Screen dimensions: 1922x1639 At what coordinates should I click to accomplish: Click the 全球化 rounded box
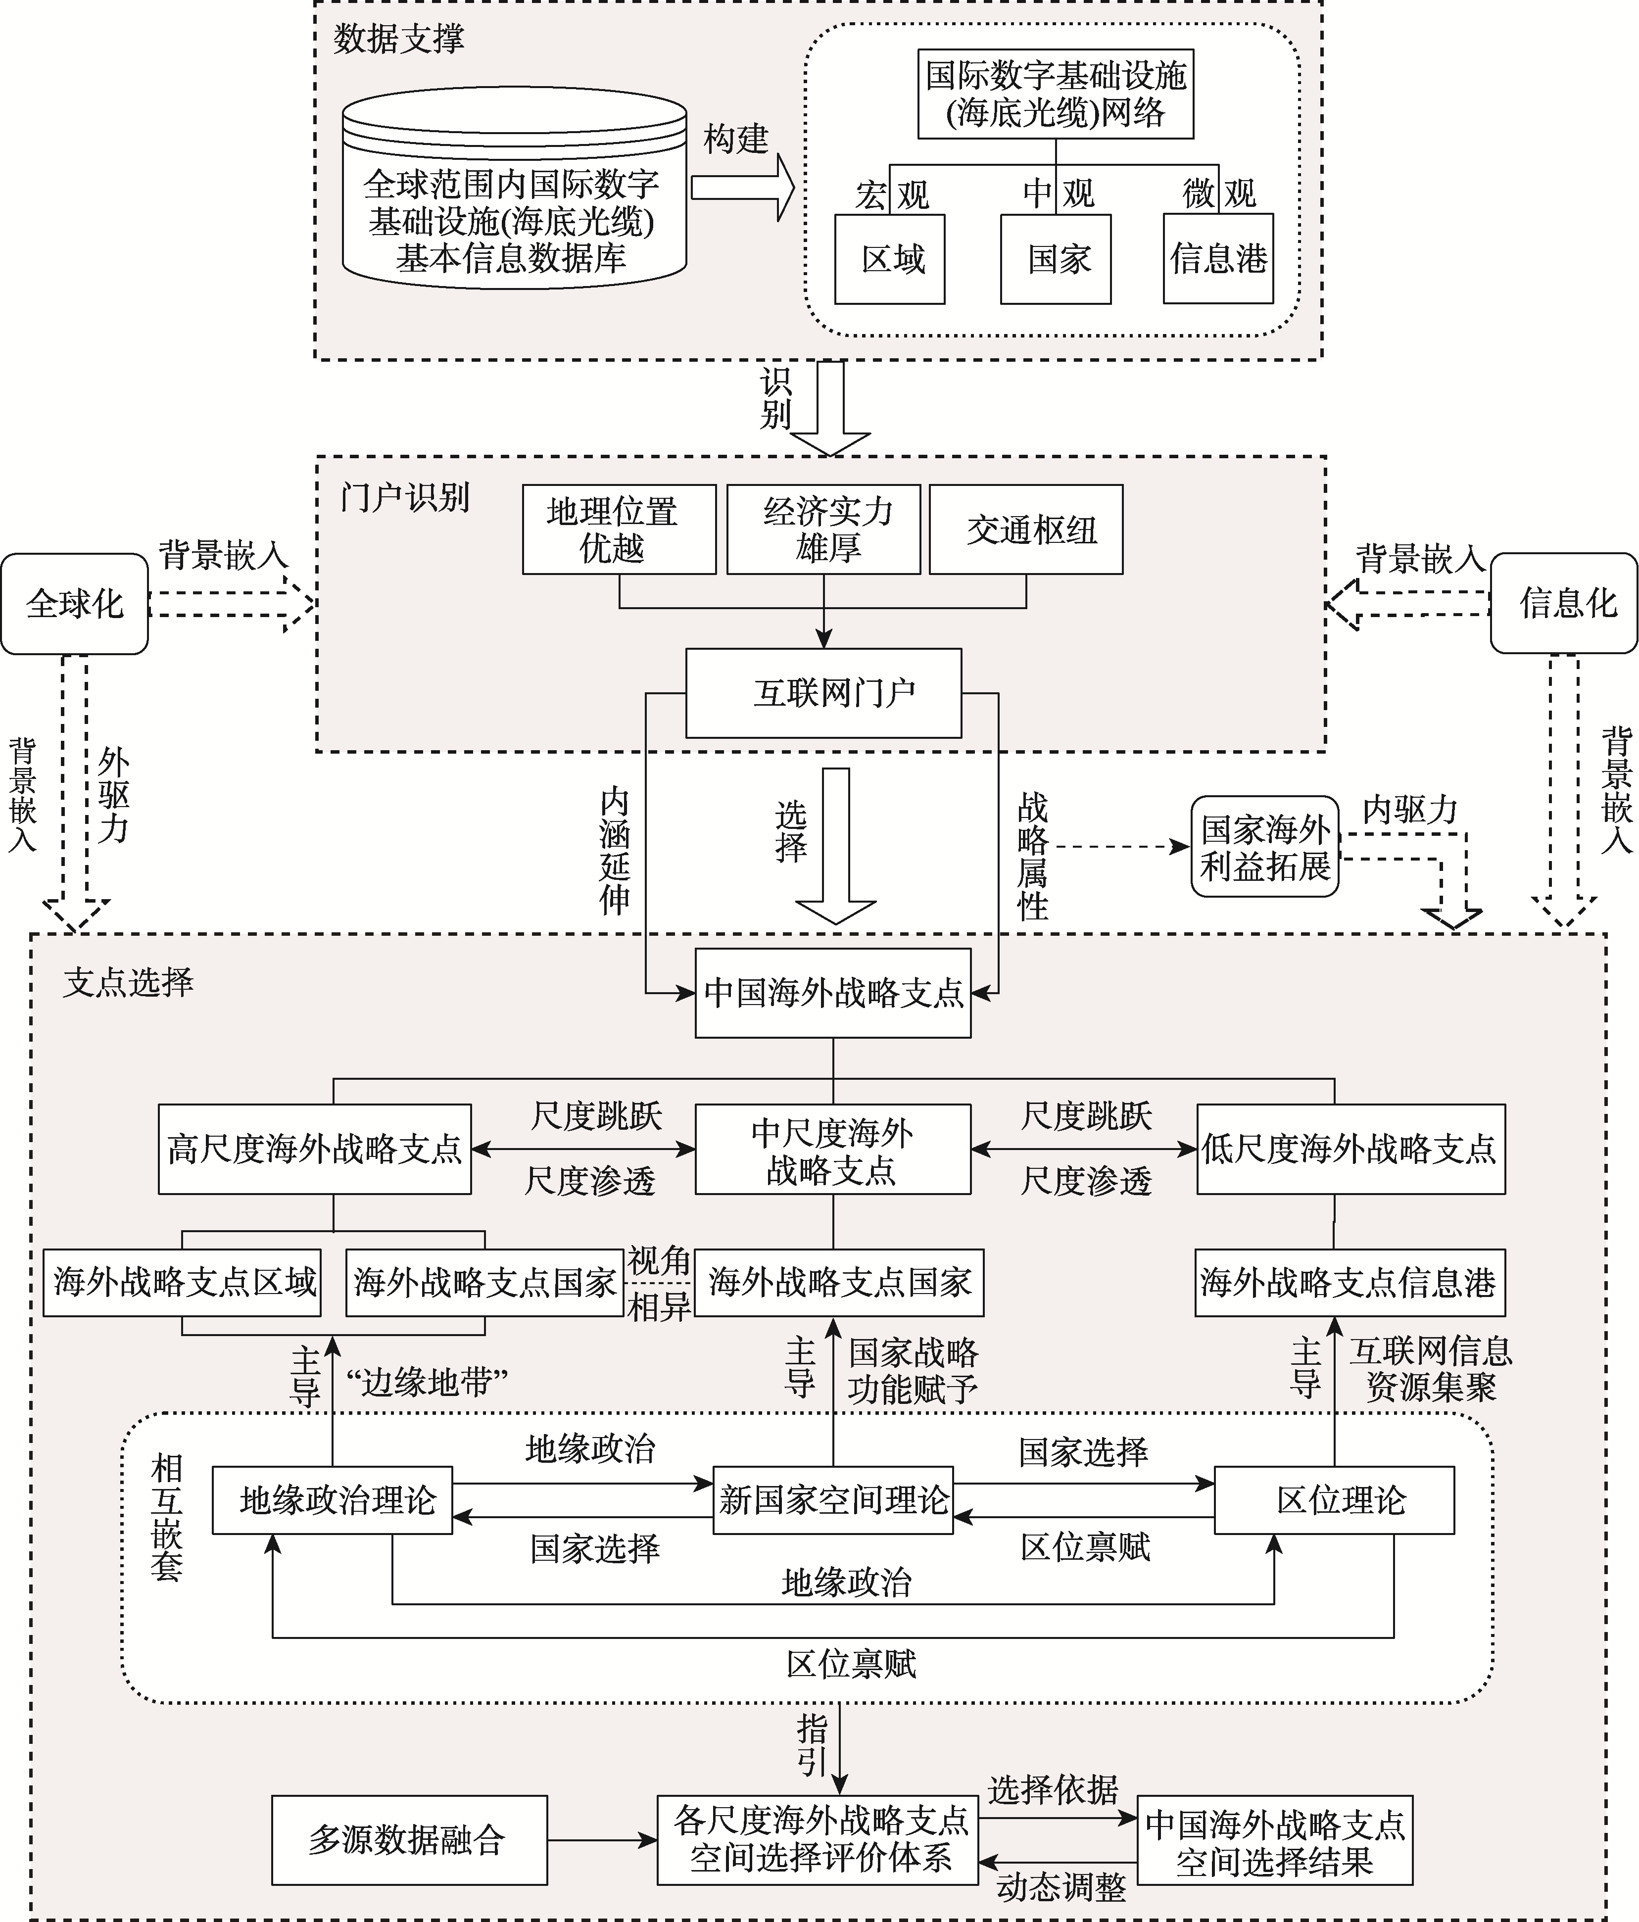pyautogui.click(x=74, y=604)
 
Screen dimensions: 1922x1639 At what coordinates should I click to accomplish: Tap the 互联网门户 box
pyautogui.click(x=823, y=693)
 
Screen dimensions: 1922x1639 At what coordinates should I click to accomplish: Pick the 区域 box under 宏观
pyautogui.click(x=890, y=260)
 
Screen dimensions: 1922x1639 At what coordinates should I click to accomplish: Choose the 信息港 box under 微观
pyautogui.click(x=1218, y=260)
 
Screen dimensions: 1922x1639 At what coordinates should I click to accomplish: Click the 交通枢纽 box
pyautogui.click(x=1026, y=529)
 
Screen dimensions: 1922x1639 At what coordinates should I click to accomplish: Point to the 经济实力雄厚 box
pyautogui.click(x=823, y=529)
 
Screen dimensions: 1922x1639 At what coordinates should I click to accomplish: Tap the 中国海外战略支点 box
pyautogui.click(x=833, y=993)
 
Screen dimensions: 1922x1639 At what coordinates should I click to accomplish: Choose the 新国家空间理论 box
pyautogui.click(x=833, y=1500)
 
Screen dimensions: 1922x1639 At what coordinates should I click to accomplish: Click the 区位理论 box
pyautogui.click(x=1334, y=1500)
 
